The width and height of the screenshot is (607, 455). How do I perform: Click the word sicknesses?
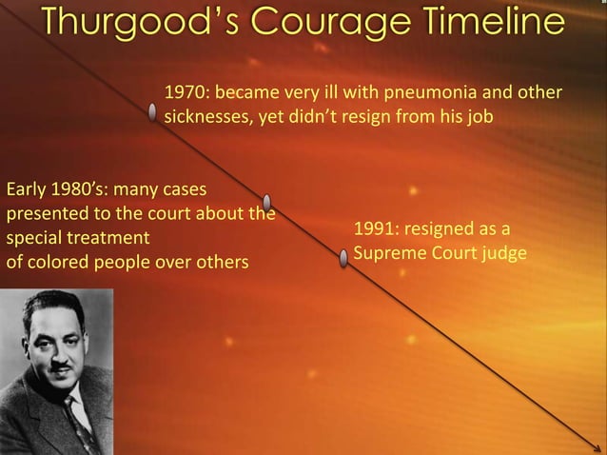203,119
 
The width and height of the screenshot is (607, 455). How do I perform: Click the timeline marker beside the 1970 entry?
153,113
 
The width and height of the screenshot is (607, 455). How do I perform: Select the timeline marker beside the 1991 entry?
343,257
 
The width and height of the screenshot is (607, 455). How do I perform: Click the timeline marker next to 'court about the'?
267,201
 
